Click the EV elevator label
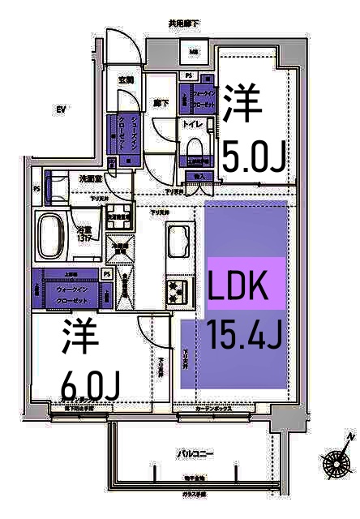60,109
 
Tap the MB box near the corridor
195,54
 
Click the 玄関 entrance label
126,80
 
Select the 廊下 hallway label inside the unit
160,104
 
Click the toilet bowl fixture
194,149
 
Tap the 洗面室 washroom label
90,178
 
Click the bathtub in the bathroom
51,236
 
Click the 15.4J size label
244,333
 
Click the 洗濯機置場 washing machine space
120,248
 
